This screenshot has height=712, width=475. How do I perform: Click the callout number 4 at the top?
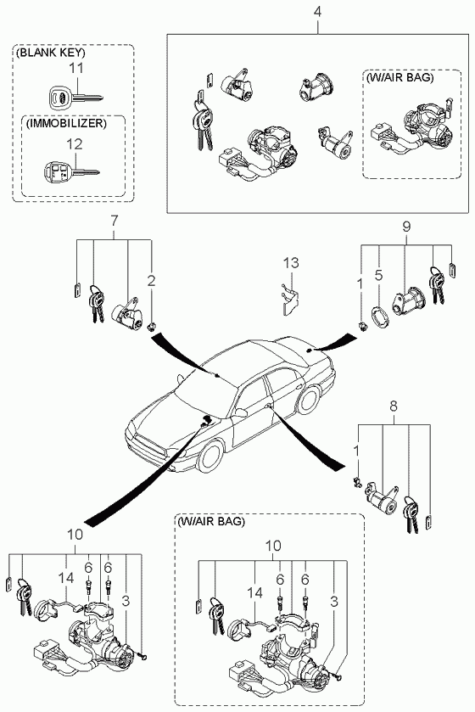317,12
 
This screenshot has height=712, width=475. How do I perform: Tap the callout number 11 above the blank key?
76,69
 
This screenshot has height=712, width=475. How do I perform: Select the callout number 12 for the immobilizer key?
75,144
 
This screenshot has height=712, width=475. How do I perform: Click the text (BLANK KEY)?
50,53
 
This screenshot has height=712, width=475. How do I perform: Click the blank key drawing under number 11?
75,97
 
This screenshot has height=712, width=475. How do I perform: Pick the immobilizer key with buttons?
72,173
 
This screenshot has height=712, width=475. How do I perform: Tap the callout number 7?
114,221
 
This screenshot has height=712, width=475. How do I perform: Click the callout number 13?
292,262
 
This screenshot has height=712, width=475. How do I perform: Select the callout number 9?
406,226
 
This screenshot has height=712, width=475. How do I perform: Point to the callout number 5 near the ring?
379,275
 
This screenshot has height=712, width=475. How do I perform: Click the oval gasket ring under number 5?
380,317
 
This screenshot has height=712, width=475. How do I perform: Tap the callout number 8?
394,406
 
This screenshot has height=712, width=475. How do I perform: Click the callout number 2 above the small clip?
151,280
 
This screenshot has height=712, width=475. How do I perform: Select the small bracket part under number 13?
288,300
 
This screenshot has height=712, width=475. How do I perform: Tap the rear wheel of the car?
309,400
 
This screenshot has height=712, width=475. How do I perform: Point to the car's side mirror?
241,412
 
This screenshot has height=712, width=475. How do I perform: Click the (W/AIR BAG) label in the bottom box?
211,521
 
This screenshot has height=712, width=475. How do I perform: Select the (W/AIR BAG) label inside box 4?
400,77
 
